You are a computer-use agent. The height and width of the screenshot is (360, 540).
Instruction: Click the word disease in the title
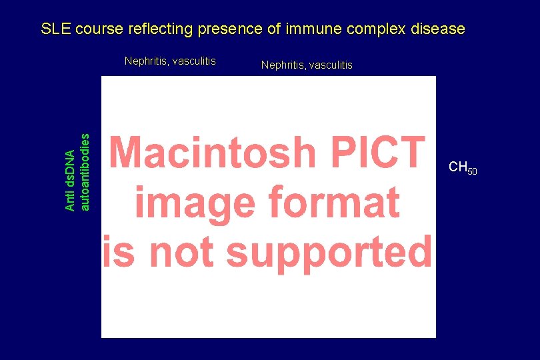437,29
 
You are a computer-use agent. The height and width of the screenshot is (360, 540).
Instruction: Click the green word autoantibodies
85,171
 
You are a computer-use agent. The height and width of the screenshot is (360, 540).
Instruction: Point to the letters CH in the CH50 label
457,167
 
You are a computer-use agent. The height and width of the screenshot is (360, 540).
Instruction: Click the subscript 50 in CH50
471,171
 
